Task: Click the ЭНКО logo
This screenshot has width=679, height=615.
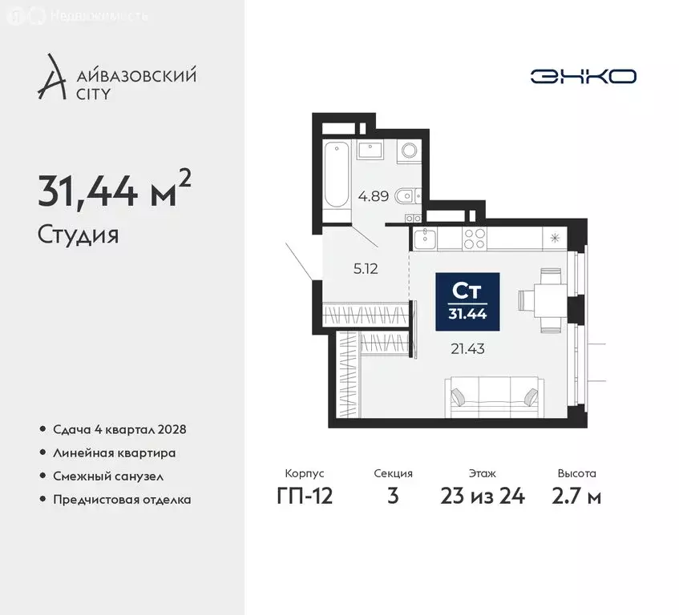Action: pos(583,76)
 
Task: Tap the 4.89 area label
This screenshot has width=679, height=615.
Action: pos(374,195)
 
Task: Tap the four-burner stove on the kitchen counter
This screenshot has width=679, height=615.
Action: pos(475,238)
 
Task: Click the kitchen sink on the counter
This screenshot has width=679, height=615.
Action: pos(425,238)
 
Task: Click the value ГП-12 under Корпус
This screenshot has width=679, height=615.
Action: pos(305,496)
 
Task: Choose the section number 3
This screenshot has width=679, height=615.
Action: pos(393,496)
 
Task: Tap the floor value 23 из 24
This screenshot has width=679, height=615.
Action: pos(482,496)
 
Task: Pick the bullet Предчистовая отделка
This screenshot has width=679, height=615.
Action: pos(122,500)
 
